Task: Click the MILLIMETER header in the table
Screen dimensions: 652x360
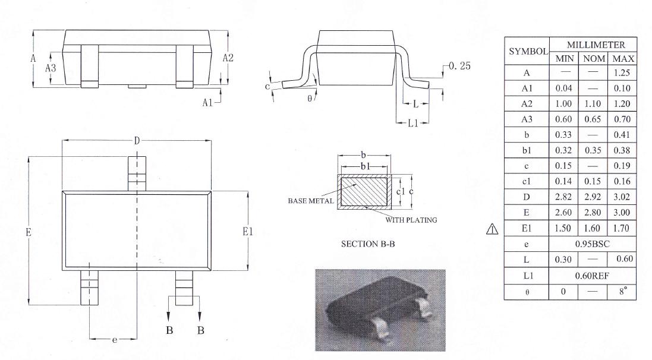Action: (596, 45)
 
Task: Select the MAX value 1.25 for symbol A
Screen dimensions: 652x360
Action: (622, 72)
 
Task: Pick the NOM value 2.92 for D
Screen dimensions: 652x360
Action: (593, 197)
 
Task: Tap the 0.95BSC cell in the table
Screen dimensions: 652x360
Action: (592, 244)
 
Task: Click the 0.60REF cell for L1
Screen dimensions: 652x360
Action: (592, 276)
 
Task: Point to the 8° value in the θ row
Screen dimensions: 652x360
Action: (622, 291)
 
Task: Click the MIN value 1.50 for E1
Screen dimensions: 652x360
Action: (563, 228)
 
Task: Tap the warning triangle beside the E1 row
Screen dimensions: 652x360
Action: (492, 229)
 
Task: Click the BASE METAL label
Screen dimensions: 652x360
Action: (311, 201)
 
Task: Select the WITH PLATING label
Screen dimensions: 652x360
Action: (411, 220)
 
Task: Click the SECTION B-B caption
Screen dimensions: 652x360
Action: (368, 244)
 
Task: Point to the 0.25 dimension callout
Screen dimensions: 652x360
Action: (459, 66)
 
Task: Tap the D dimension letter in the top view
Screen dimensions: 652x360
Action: (137, 141)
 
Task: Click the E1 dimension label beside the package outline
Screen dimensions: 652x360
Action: (248, 232)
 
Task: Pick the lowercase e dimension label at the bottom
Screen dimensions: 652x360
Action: (114, 340)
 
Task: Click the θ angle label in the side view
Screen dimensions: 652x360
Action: (310, 99)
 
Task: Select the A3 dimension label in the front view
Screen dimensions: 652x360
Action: (51, 68)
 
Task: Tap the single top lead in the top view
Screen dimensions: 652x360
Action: (137, 174)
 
